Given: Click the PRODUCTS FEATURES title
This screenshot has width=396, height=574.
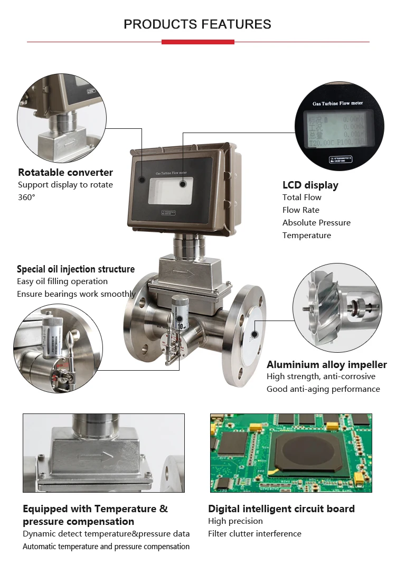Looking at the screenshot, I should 197,24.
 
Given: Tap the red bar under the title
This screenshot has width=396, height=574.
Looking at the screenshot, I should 197,42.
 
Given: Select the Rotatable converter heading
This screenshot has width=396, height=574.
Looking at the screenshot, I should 65,172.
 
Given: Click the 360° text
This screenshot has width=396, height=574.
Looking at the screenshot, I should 26,197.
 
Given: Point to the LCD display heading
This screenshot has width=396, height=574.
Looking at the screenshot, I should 310,185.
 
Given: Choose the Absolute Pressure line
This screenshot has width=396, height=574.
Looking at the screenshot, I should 316,223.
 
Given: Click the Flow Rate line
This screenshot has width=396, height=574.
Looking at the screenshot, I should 301,210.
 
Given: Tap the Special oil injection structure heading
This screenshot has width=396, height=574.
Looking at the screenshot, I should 76,269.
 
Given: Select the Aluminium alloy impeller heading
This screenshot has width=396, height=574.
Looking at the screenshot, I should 327,364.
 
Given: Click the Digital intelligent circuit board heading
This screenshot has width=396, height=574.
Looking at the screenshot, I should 281,509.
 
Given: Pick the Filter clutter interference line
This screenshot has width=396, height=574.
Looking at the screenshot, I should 254,534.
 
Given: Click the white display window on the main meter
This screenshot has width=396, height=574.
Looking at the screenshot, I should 170,191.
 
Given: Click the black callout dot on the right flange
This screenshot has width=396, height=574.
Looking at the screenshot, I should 254,334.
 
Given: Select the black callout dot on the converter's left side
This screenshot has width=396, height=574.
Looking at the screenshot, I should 142,180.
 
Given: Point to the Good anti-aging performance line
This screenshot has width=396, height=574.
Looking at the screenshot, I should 323,389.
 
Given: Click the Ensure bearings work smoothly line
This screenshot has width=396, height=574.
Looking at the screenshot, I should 76,294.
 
